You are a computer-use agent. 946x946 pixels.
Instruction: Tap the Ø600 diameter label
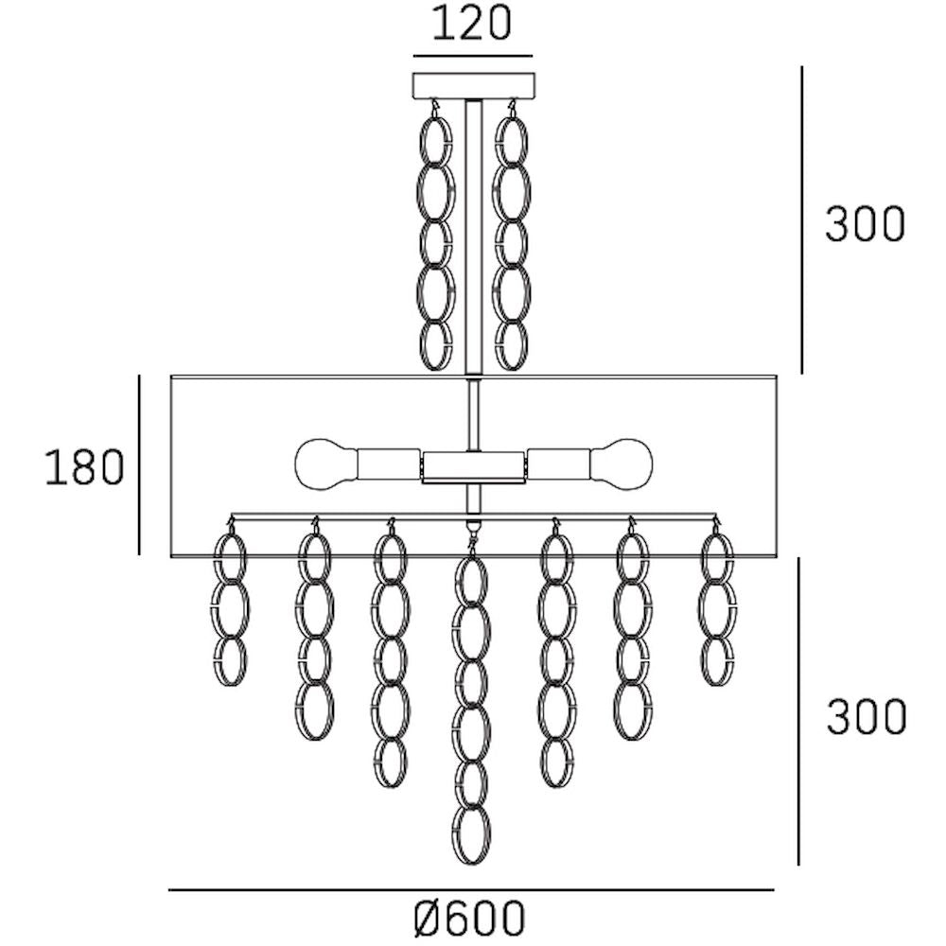click(x=469, y=919)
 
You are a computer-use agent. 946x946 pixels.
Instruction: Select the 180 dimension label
click(x=84, y=467)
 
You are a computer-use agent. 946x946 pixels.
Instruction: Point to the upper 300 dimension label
click(x=865, y=224)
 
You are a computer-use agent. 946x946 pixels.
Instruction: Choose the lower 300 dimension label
click(x=866, y=717)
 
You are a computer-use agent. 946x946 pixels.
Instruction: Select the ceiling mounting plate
click(x=474, y=86)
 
